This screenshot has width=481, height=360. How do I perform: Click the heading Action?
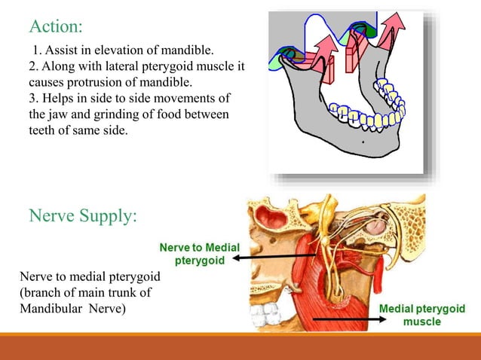pos(55,26)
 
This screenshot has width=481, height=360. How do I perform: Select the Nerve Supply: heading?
pos(83,216)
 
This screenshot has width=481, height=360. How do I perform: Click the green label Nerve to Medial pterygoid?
pos(198,252)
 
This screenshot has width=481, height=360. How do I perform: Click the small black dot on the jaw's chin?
pos(363,141)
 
